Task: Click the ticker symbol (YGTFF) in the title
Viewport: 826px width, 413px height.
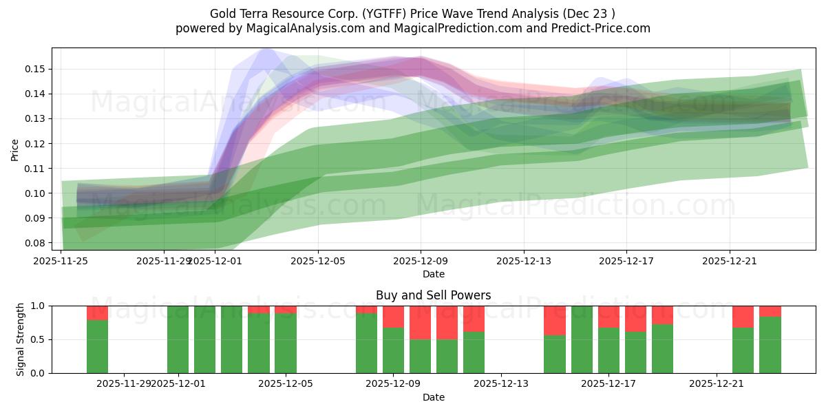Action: coord(373,14)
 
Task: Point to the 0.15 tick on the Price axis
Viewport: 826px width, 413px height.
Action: coord(36,69)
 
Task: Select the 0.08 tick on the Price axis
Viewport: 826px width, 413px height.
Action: coord(36,243)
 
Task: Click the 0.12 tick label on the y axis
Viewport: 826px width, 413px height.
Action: coord(36,143)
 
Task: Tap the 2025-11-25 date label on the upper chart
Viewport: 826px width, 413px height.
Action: coord(61,261)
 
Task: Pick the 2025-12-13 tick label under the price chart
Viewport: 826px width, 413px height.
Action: coord(524,261)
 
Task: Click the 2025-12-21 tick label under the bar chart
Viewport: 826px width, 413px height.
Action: coord(717,383)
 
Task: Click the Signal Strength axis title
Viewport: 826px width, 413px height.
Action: coord(21,339)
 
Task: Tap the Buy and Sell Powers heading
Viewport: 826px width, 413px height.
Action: coord(433,295)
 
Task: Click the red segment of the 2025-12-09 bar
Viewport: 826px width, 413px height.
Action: coord(393,317)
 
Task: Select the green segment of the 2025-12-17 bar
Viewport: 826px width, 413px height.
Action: coord(608,350)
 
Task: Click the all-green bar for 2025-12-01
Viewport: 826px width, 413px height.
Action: coord(178,339)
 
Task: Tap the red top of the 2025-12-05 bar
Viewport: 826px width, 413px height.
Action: coord(286,310)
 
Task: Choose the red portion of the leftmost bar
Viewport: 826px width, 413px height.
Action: coord(97,313)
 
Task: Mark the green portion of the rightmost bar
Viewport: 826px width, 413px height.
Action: coord(770,345)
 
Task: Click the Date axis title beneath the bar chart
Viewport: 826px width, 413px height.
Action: coord(433,397)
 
